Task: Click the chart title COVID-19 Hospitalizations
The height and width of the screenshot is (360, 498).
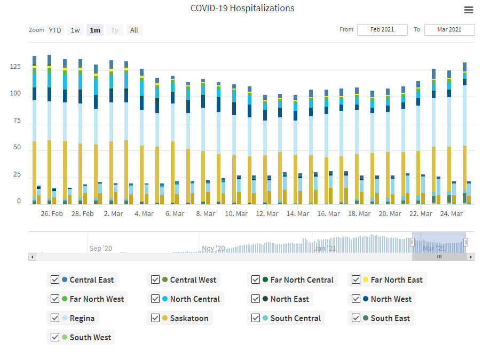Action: click(x=242, y=9)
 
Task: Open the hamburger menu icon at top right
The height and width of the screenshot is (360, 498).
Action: click(x=469, y=10)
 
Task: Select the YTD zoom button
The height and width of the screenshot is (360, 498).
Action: click(x=55, y=30)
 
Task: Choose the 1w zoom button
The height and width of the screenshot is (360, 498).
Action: click(x=75, y=30)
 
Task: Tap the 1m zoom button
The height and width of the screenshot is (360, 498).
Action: click(x=95, y=30)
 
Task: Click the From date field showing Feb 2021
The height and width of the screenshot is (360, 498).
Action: click(x=382, y=30)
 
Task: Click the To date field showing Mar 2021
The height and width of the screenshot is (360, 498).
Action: click(x=449, y=30)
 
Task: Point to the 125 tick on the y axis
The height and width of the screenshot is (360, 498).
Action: click(x=15, y=67)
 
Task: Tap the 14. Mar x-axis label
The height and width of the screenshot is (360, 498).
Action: click(x=298, y=214)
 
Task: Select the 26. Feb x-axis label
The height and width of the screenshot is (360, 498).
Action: click(x=52, y=214)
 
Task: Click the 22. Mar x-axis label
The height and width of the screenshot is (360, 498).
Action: click(x=421, y=214)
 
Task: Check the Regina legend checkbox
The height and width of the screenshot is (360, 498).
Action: click(x=55, y=318)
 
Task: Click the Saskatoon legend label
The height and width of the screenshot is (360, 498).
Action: click(x=191, y=318)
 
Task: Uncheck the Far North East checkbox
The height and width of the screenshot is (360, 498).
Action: click(x=356, y=280)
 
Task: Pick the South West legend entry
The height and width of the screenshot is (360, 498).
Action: click(x=90, y=338)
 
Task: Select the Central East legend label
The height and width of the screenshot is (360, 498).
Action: click(x=91, y=280)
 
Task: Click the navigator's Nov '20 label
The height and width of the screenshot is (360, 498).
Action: click(x=214, y=249)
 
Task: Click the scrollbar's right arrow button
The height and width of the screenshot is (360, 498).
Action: click(x=471, y=257)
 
